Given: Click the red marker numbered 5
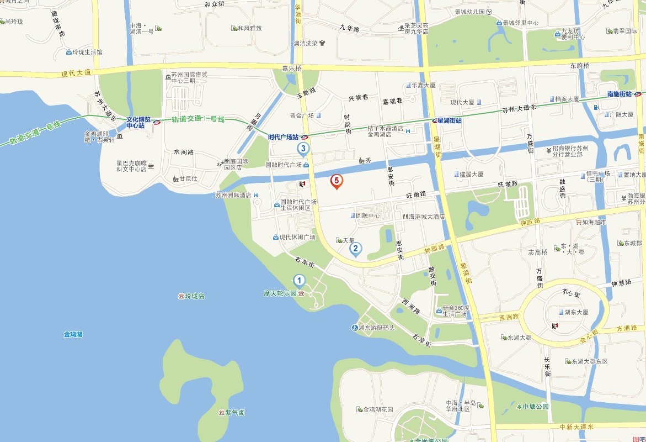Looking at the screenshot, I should point(337,181).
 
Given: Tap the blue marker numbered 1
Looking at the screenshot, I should point(299,280).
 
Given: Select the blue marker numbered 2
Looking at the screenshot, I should point(356,249).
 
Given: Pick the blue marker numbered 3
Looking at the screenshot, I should point(303,148).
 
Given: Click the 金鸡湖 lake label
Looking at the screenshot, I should point(73,334).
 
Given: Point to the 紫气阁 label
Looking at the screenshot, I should point(234,413).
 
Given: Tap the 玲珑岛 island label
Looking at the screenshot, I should point(195,297).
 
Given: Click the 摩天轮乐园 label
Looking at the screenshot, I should point(280,293).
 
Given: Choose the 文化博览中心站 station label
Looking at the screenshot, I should point(138,122).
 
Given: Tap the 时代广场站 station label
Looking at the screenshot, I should point(283,137).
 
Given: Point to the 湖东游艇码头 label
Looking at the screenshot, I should point(377,328).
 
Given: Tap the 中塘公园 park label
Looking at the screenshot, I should point(536,407).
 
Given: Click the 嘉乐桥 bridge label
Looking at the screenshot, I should point(292,69).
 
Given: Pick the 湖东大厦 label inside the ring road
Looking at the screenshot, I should point(576,312).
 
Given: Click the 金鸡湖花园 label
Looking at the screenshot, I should point(378,409).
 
